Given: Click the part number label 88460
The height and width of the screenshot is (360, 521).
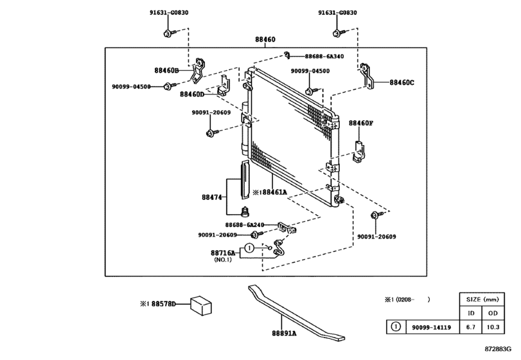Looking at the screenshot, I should tap(265, 40).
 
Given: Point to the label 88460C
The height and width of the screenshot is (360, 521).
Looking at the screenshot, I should tap(402, 82).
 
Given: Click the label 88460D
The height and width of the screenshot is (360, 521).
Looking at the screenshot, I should tap(192, 94).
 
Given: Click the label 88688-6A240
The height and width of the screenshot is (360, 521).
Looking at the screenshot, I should tap(245, 225).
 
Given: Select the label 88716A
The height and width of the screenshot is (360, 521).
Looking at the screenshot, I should tap(224, 253).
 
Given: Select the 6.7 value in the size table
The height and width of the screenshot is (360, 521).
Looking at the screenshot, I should tap(471, 327).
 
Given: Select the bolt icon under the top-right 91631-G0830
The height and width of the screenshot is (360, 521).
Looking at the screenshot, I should tap(339, 32).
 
